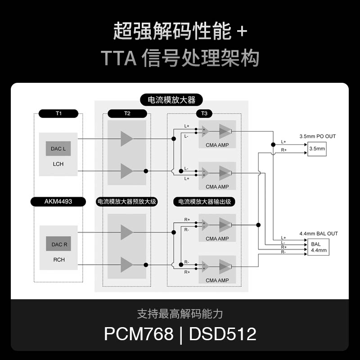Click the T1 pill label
58,113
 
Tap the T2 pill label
127,113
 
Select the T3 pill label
204,113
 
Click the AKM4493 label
58,202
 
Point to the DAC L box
58,148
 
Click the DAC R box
59,244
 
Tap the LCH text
58,164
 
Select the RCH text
59,260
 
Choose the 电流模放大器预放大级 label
126,202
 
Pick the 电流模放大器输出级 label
204,202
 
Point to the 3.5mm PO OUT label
318,136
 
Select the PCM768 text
139,334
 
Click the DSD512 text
223,334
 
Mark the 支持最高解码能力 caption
180,314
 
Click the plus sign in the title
242,32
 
